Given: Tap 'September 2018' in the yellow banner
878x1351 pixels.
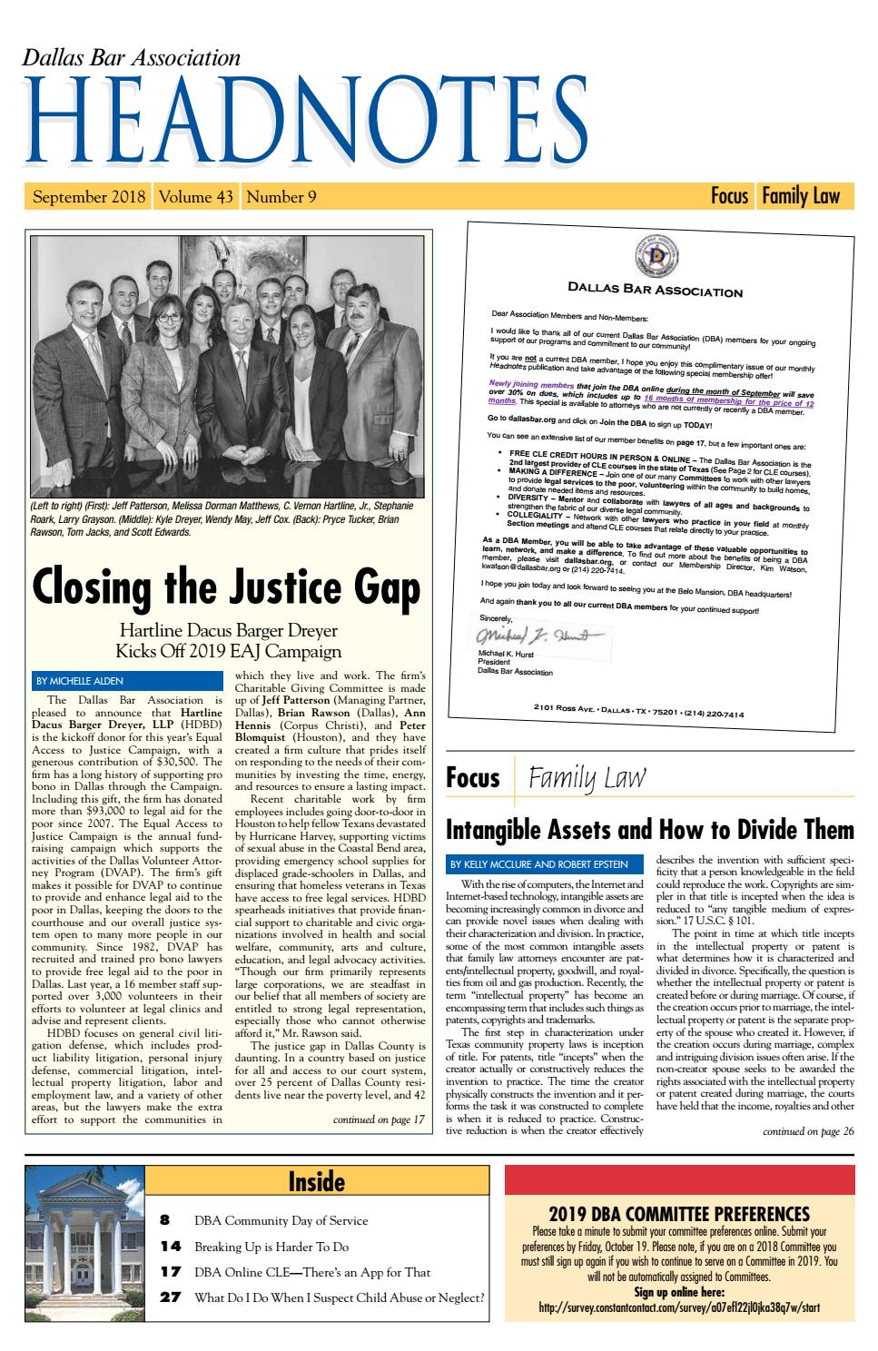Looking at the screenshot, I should click(x=89, y=196).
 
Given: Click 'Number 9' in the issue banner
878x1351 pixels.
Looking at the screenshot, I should click(x=281, y=196).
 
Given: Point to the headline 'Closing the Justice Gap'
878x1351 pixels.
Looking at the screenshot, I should click(x=226, y=588).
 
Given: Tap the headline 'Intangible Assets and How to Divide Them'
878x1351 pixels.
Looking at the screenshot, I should click(x=649, y=829).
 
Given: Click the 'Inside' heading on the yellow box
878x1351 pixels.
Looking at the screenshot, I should click(x=316, y=1181).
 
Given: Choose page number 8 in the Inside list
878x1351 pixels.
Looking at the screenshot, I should click(x=165, y=1220).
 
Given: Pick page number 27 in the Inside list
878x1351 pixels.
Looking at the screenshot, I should click(x=170, y=1297).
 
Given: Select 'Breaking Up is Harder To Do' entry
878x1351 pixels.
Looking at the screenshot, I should click(x=271, y=1247).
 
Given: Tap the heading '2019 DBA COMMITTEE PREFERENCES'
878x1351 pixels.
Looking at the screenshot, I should click(x=679, y=1213).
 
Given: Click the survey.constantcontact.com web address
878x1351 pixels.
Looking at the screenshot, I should click(x=679, y=1307).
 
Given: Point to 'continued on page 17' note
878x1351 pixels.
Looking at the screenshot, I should click(x=380, y=1119).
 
